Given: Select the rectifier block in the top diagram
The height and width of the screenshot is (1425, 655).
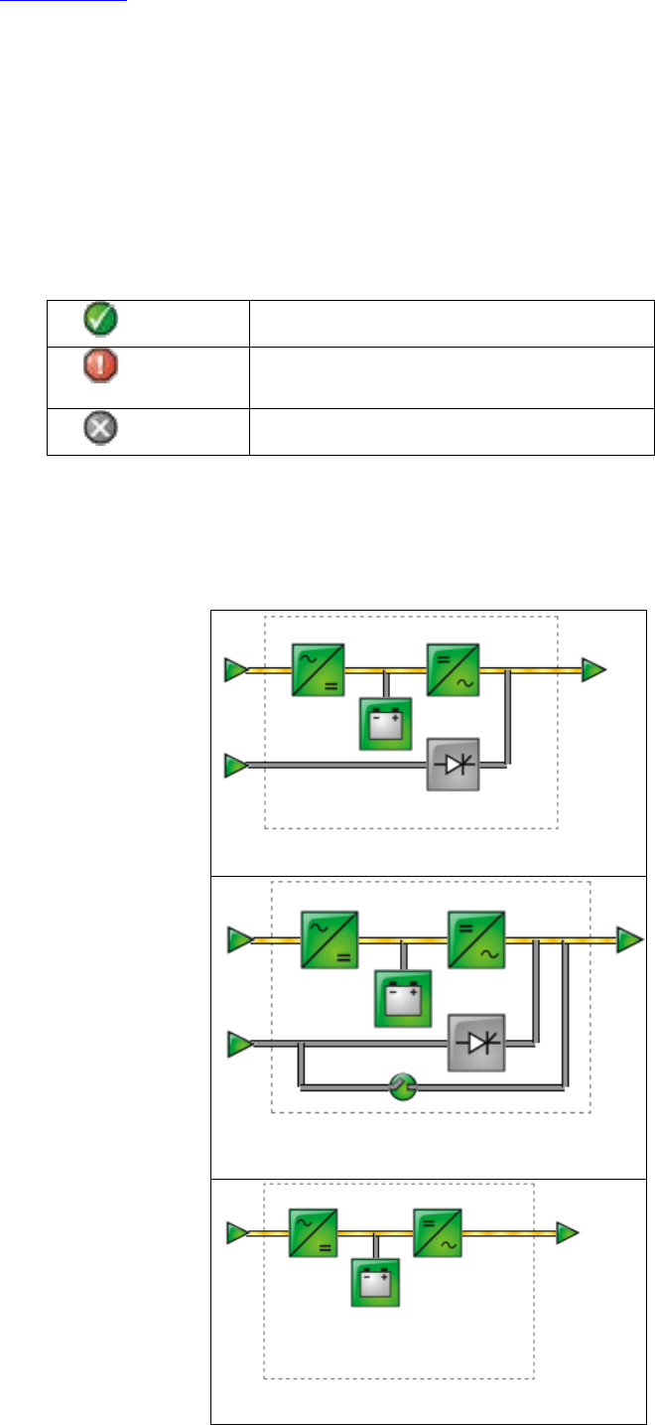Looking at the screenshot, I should point(318,670).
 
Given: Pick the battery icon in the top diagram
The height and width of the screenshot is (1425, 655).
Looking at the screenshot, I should point(384,724).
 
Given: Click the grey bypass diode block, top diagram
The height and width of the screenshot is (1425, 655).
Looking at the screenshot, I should point(453,765).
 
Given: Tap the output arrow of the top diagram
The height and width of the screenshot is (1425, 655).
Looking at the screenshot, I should point(593,670).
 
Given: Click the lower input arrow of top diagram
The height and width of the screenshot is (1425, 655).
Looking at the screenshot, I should point(236,766).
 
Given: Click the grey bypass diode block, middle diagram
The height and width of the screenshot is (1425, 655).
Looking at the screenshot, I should point(476,1043).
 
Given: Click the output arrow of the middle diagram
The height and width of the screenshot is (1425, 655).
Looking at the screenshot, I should point(629,939).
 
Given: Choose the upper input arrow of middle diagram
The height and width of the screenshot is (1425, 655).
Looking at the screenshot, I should point(239,938).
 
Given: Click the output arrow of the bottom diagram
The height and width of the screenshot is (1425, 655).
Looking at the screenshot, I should point(567,1233).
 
